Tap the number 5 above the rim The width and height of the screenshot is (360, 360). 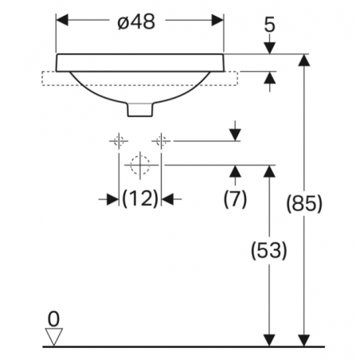click(269, 25)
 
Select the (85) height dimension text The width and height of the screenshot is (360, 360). click(303, 204)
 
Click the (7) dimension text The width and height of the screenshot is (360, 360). click(235, 197)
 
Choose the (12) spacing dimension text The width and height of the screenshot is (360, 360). click(140, 198)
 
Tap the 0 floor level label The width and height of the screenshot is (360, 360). click(53, 319)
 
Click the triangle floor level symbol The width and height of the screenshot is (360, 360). click(53, 337)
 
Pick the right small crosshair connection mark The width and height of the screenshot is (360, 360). click(162, 141)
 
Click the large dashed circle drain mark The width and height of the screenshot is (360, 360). click(140, 165)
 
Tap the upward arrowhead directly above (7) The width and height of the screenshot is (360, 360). click(235, 170)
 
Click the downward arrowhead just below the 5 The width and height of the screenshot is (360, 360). click(269, 48)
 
